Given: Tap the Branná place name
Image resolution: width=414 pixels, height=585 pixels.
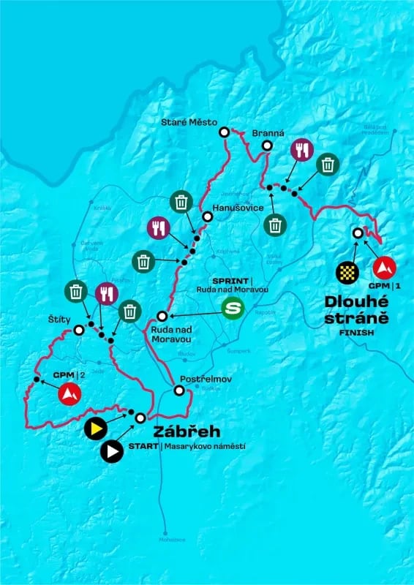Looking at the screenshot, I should [x=263, y=134].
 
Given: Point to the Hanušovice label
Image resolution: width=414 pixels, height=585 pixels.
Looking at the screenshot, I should [x=233, y=208].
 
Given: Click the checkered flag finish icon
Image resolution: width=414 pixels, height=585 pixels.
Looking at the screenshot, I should [x=346, y=273].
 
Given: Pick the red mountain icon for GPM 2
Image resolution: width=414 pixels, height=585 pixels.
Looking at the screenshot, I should [x=69, y=396].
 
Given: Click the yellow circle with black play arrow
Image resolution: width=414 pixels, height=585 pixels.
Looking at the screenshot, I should [x=94, y=428].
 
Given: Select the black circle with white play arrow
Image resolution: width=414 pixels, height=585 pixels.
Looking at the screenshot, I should [x=111, y=452].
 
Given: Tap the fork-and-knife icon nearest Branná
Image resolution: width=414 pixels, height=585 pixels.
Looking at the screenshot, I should [x=301, y=150].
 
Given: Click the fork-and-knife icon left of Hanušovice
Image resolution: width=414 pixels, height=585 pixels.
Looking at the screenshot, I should [x=158, y=227].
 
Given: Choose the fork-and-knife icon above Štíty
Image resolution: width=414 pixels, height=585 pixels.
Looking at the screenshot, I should [x=105, y=293].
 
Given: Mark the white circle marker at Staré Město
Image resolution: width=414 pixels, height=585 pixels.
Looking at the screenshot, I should [x=224, y=132].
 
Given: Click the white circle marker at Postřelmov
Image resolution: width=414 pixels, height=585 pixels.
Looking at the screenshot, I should [x=178, y=390].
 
